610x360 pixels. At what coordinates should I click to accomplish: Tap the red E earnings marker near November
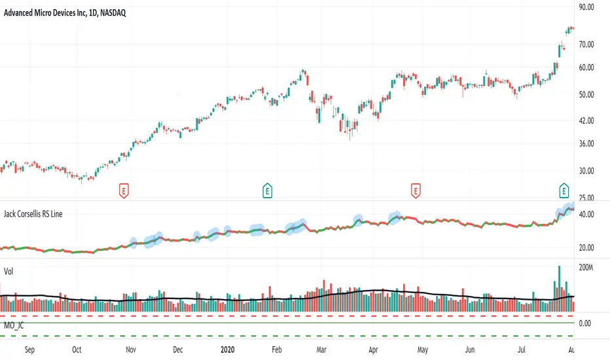click(x=124, y=190)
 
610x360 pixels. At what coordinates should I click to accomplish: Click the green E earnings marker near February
click(x=268, y=190)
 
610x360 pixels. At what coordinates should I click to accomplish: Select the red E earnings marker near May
click(x=415, y=190)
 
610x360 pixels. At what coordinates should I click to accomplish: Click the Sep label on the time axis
click(x=30, y=350)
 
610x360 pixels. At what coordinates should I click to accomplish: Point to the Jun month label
click(x=469, y=350)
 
